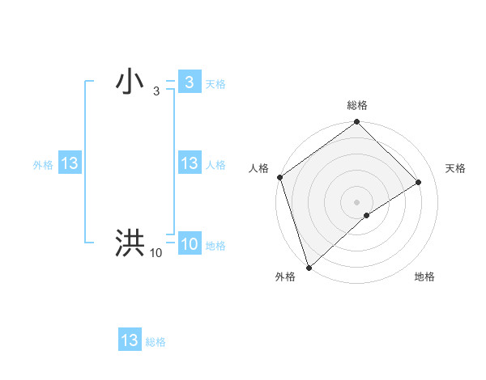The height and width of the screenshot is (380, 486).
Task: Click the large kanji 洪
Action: click(x=130, y=243)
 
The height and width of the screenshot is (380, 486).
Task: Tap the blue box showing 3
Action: click(x=189, y=82)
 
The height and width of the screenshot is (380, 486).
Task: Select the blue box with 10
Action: click(x=189, y=244)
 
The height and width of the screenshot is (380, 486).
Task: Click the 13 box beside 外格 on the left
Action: click(x=70, y=163)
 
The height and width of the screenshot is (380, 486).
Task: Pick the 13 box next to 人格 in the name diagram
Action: click(x=189, y=163)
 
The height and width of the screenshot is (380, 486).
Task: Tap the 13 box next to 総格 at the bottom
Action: click(x=130, y=340)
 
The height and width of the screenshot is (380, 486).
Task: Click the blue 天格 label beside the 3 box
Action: click(x=215, y=84)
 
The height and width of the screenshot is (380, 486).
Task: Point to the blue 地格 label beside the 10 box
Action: click(x=215, y=246)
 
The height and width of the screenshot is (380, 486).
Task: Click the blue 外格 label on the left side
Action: click(x=43, y=165)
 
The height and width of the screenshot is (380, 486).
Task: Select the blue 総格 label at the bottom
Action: click(x=156, y=342)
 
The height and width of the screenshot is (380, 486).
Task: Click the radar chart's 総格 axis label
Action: click(x=357, y=105)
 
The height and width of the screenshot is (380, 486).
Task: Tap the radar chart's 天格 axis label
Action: click(x=455, y=168)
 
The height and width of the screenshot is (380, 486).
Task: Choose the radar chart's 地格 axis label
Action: click(x=424, y=277)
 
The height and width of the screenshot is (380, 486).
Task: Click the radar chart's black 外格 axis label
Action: click(x=284, y=277)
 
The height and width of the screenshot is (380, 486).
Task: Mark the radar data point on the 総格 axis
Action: click(x=357, y=123)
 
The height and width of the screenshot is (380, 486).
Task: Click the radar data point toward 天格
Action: click(x=419, y=182)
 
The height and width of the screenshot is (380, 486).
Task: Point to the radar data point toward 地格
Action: click(x=367, y=215)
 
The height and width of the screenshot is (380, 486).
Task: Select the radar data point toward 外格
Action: click(x=309, y=267)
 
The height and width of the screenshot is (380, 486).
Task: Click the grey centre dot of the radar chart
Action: click(x=356, y=201)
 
